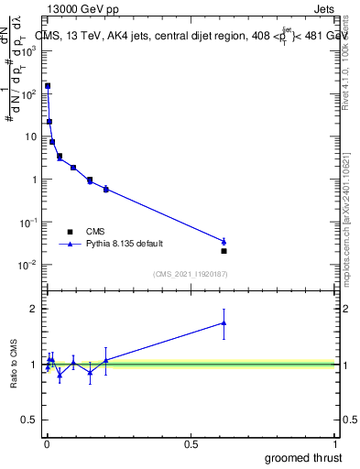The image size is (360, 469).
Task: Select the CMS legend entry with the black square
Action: click(x=71, y=232)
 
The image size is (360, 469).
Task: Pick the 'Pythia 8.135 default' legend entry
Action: click(x=71, y=245)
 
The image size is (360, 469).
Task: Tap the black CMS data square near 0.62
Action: click(x=224, y=250)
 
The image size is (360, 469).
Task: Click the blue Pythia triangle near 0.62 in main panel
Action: click(x=224, y=241)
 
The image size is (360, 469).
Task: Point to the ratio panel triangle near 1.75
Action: click(x=224, y=322)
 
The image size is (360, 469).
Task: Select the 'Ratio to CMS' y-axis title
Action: click(x=15, y=364)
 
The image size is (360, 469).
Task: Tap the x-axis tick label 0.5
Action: click(x=191, y=445)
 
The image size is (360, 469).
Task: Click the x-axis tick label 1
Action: click(x=335, y=445)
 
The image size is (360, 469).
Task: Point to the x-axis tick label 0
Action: click(x=47, y=445)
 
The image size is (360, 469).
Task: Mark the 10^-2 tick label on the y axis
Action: click(x=28, y=266)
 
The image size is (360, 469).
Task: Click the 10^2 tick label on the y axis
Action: click(x=29, y=93)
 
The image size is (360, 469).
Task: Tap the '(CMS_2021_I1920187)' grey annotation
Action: click(x=191, y=274)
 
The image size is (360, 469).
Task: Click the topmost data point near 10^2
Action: click(x=47, y=86)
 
